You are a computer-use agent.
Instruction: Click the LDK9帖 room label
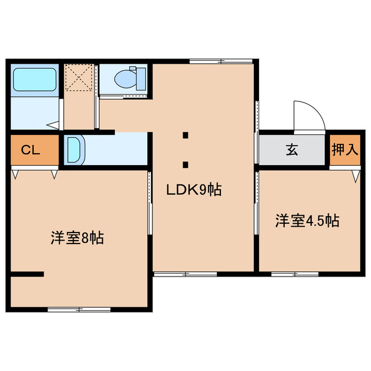(x=194, y=190)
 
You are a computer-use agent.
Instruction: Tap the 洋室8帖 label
(x=77, y=238)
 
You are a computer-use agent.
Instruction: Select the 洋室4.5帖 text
(x=307, y=220)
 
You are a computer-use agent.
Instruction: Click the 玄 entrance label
(x=291, y=151)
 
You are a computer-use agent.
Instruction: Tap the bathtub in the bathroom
(x=34, y=81)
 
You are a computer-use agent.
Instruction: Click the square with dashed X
(x=79, y=78)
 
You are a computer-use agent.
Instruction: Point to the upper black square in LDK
(x=185, y=136)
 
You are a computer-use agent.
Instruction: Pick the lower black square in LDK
(x=185, y=164)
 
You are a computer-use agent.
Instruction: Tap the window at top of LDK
(x=222, y=61)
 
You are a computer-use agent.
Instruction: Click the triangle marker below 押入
(x=355, y=175)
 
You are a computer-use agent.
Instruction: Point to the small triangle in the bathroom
(x=52, y=124)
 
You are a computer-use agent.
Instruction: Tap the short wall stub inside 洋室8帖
(x=28, y=274)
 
